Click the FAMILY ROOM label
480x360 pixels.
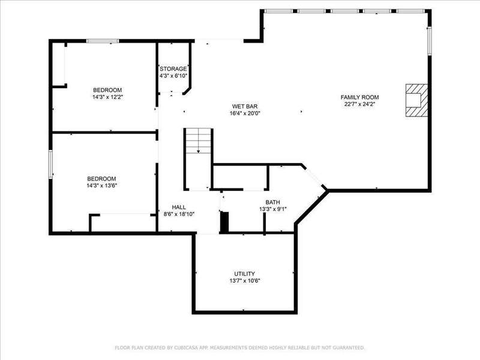(x=359, y=97)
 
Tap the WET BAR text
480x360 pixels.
(x=245, y=107)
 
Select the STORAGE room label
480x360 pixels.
(x=173, y=69)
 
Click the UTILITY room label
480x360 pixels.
(x=244, y=274)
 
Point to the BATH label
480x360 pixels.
(x=272, y=202)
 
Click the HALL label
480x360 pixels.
(x=179, y=207)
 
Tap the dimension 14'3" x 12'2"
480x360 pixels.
(x=107, y=97)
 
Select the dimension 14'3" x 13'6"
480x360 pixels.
(x=101, y=185)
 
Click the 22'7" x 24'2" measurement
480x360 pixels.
(x=359, y=104)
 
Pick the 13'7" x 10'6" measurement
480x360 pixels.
(x=244, y=280)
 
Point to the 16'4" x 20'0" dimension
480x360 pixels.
(x=245, y=113)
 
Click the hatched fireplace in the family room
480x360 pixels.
(x=416, y=100)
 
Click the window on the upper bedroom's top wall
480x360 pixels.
(x=103, y=41)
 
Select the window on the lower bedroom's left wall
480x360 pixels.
(x=51, y=164)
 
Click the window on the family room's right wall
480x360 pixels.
(x=430, y=41)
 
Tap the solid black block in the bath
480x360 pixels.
(x=224, y=222)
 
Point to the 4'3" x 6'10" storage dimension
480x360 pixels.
(x=173, y=76)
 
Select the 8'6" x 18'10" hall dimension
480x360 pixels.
(x=179, y=214)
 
